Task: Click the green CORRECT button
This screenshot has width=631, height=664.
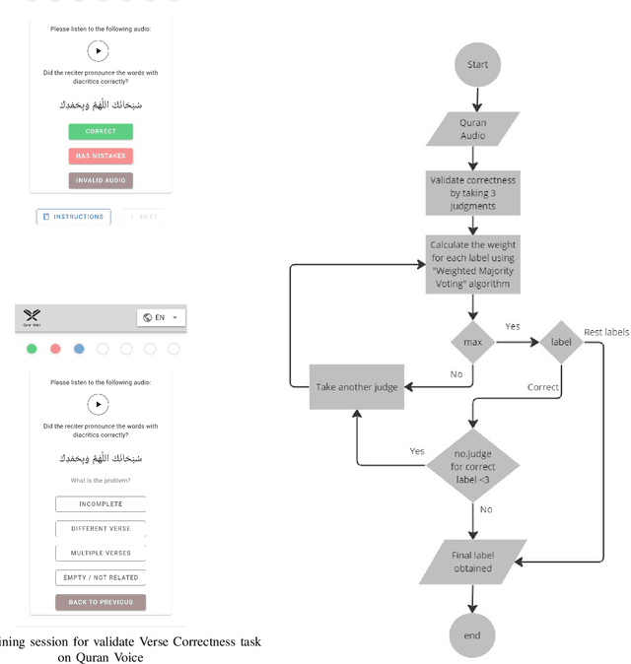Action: pos(101,131)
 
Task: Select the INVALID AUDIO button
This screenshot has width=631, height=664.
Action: pos(101,180)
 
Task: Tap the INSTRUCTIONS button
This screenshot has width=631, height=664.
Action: pos(74,217)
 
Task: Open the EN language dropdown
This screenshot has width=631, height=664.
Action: pos(161,317)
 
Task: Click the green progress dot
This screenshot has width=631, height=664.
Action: pos(32,349)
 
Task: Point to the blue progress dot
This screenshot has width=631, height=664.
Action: pos(79,349)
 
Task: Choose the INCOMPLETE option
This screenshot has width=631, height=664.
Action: pos(101,504)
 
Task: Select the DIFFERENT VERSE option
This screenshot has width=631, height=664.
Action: pos(101,529)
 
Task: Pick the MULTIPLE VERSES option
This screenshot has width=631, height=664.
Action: pos(101,553)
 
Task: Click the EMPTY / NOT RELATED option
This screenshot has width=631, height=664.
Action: pos(101,577)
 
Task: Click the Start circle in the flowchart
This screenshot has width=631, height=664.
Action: pos(477,65)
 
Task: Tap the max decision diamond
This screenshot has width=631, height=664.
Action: pos(472,343)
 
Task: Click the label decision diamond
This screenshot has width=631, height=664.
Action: pos(560,343)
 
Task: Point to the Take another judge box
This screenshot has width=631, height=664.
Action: pos(357,387)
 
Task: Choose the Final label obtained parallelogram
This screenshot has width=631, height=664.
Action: pos(471,562)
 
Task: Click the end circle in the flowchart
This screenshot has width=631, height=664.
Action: pos(472,634)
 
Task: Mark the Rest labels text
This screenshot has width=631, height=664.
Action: pos(605,332)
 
